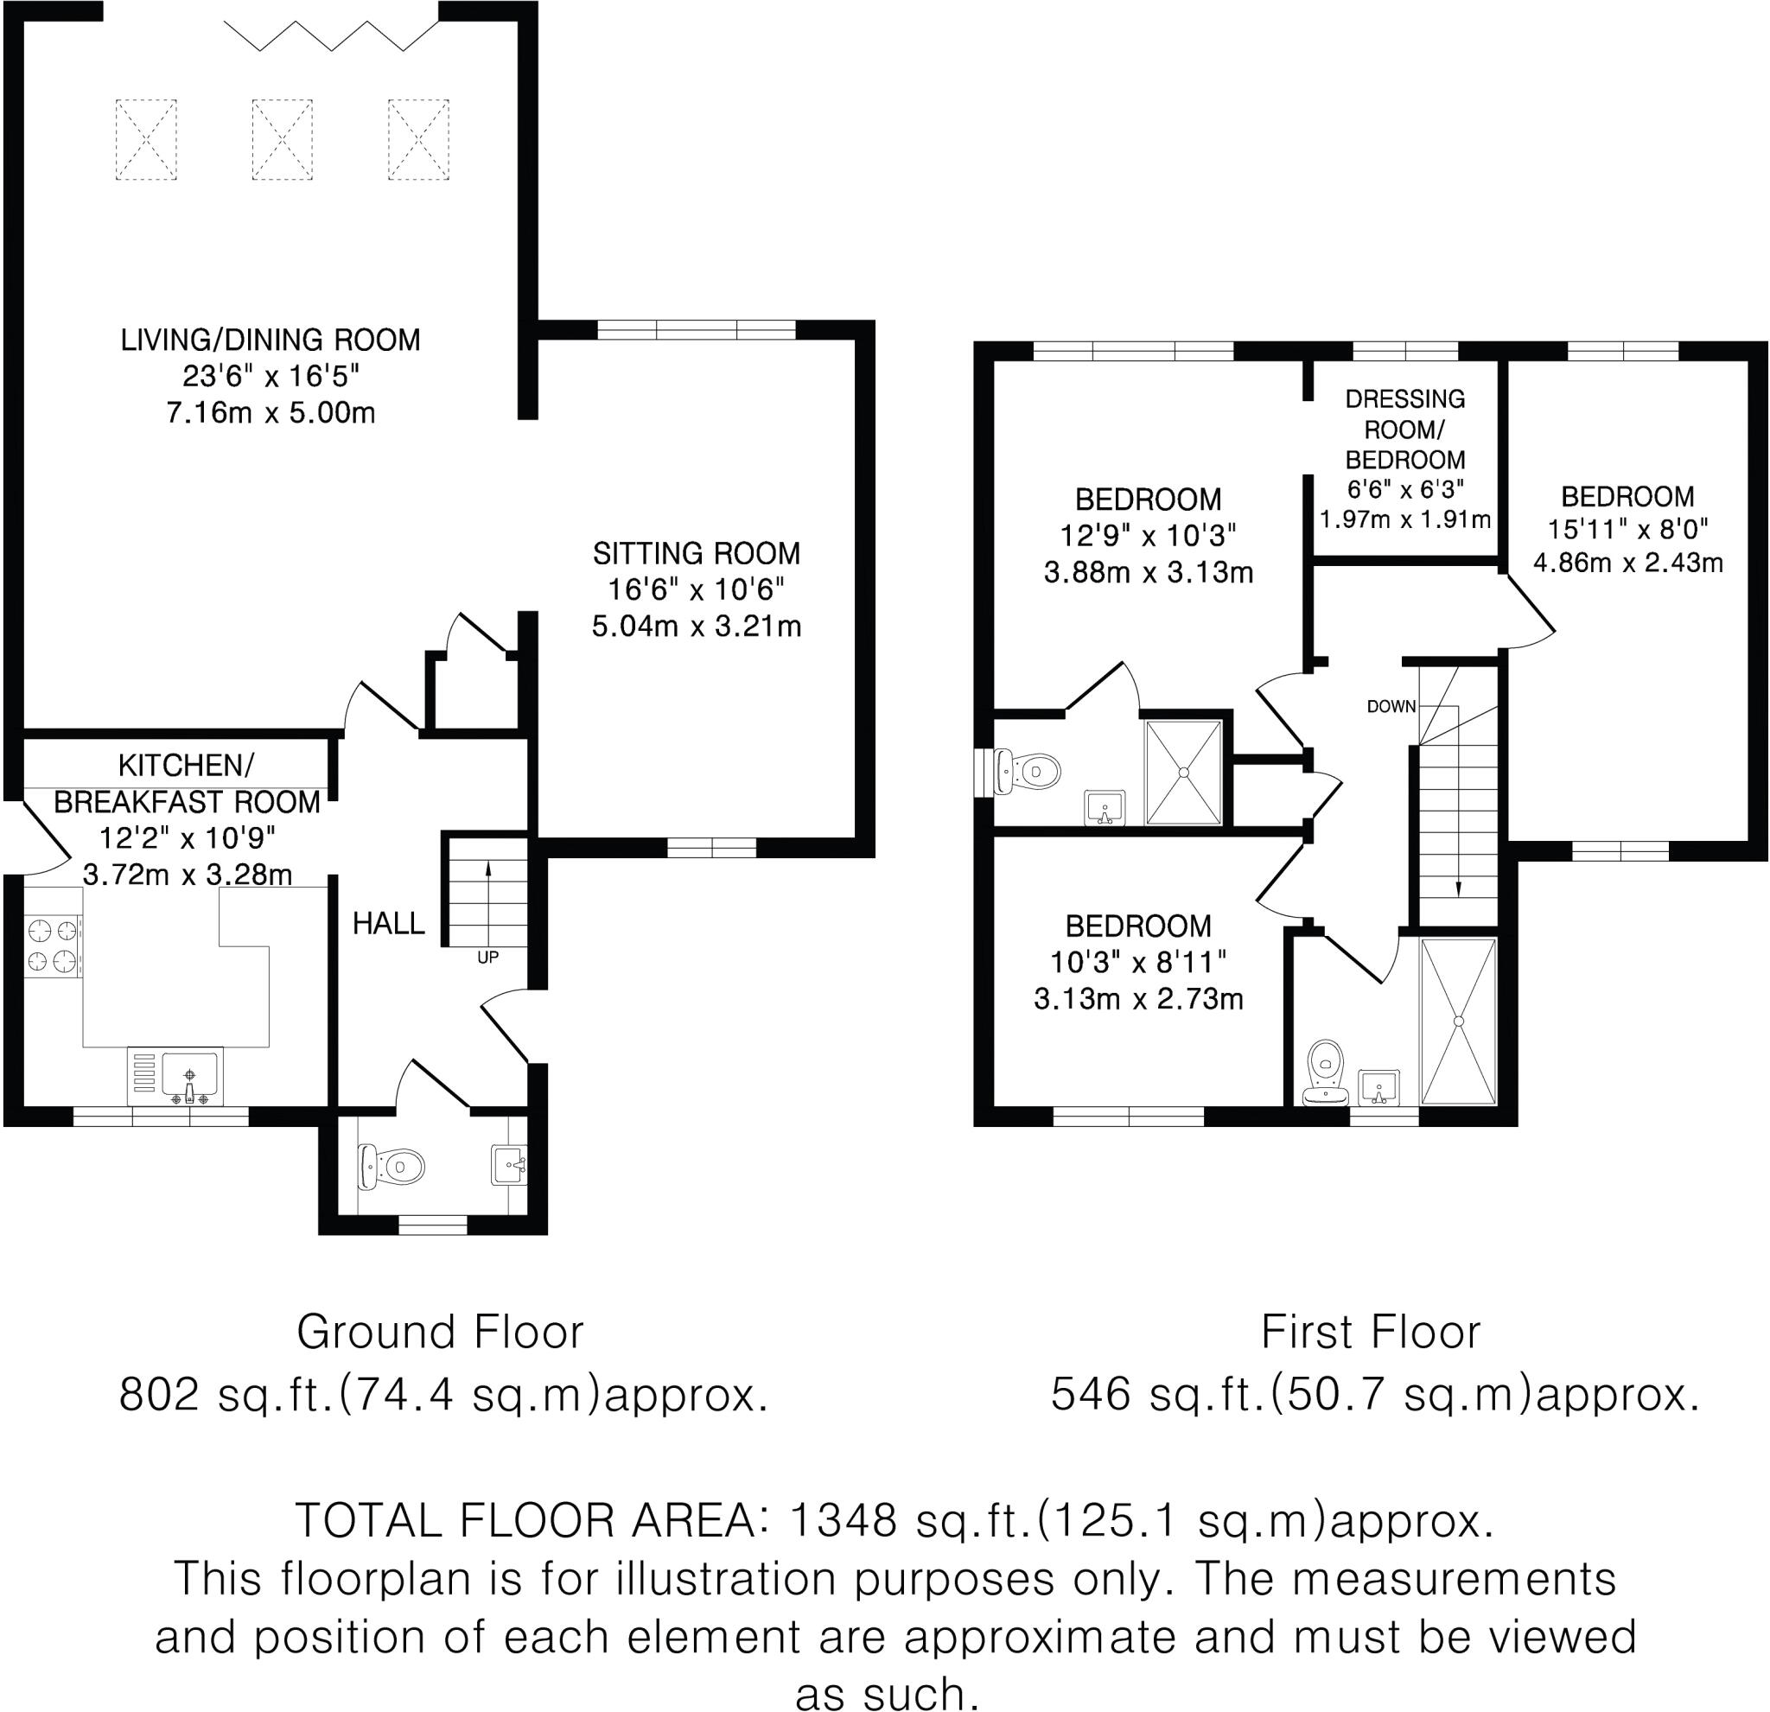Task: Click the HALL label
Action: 388,923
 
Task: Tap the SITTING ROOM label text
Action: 697,552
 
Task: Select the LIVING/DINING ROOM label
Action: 271,340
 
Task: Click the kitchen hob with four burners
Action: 54,946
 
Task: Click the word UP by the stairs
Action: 487,958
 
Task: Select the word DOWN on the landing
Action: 1391,706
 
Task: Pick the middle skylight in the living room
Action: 282,140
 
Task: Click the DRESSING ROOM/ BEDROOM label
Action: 1405,429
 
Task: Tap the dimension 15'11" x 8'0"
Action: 1627,528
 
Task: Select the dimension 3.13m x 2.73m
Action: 1139,999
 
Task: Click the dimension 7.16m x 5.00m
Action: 271,412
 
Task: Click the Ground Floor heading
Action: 441,1332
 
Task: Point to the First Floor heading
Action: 1371,1332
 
